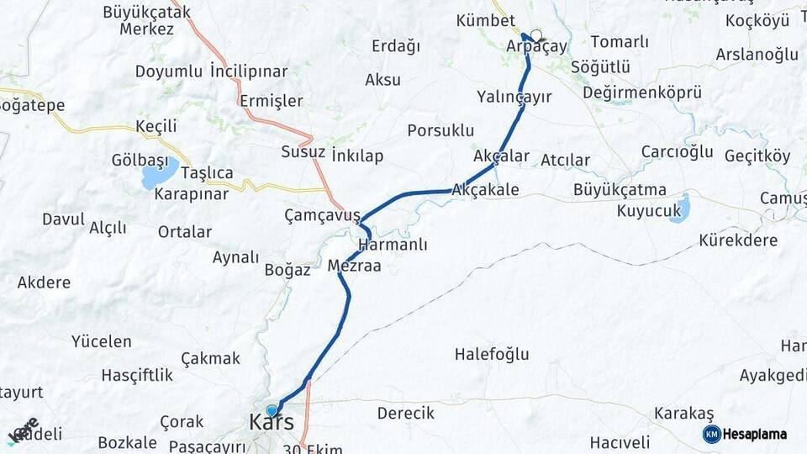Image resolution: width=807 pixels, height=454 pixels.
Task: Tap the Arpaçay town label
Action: (x=536, y=47)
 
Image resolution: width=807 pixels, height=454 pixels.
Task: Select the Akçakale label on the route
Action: (x=485, y=190)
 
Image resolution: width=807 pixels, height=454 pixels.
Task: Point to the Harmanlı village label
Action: (x=393, y=245)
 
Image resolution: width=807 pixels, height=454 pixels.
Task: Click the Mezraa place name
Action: (x=354, y=266)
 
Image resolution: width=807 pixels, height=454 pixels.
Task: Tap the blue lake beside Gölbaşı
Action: (x=159, y=174)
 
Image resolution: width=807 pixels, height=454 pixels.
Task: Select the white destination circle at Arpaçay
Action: (x=535, y=35)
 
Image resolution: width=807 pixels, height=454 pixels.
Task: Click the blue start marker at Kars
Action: (x=271, y=410)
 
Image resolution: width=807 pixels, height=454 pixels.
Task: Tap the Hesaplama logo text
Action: (x=755, y=435)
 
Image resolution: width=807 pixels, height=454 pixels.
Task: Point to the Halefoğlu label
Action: (x=492, y=354)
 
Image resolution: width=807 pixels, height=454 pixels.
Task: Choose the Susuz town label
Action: (x=303, y=152)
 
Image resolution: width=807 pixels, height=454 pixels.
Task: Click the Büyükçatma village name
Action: (x=620, y=189)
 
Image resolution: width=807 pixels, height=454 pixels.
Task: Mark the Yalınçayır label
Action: (x=514, y=97)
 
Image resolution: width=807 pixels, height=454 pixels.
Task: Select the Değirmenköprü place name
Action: (x=641, y=92)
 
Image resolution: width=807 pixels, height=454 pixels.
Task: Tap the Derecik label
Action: (x=405, y=413)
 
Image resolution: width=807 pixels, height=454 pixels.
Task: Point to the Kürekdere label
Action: (x=738, y=240)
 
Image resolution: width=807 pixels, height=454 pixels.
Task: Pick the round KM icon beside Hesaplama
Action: (x=711, y=434)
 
